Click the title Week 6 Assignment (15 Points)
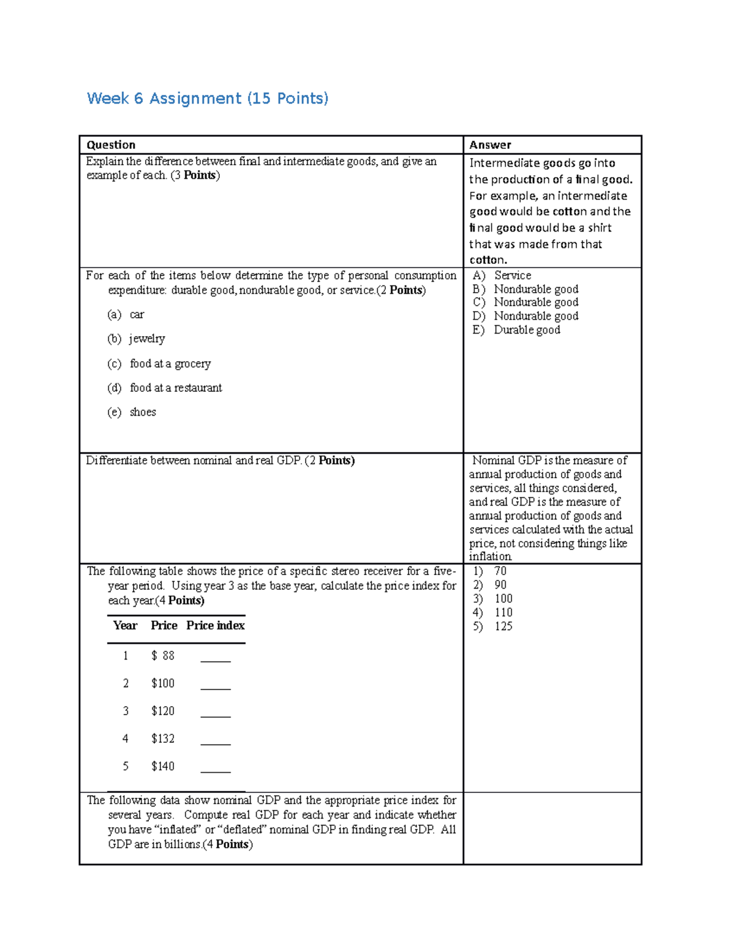[x=208, y=99]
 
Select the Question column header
[x=111, y=145]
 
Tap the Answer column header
[x=490, y=145]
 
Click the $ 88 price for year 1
[x=163, y=656]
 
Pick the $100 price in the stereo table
[x=163, y=683]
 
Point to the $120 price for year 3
[x=163, y=711]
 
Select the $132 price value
[x=163, y=739]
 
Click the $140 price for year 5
[x=163, y=766]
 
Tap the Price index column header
[x=215, y=625]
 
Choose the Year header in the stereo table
[x=125, y=625]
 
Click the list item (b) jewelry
[x=137, y=339]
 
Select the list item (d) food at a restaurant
[x=165, y=388]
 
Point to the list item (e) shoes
[x=132, y=412]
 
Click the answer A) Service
[x=502, y=276]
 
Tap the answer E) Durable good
[x=516, y=330]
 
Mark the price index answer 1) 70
[x=490, y=571]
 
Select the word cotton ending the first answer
[x=488, y=260]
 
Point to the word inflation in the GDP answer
[x=490, y=557]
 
